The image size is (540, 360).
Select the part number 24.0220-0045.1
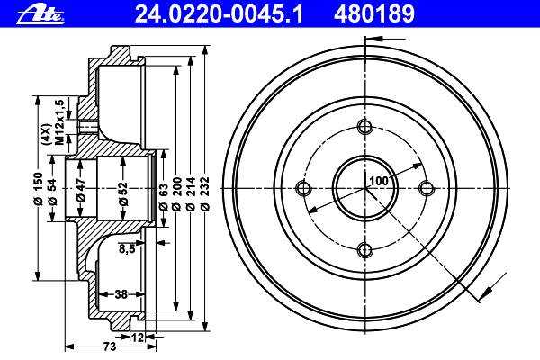[x=219, y=14]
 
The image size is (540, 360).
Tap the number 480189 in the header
[x=374, y=14]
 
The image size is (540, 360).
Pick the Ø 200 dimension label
[x=176, y=193]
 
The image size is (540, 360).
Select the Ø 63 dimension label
[x=163, y=197]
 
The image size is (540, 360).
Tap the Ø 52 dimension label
[x=123, y=194]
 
